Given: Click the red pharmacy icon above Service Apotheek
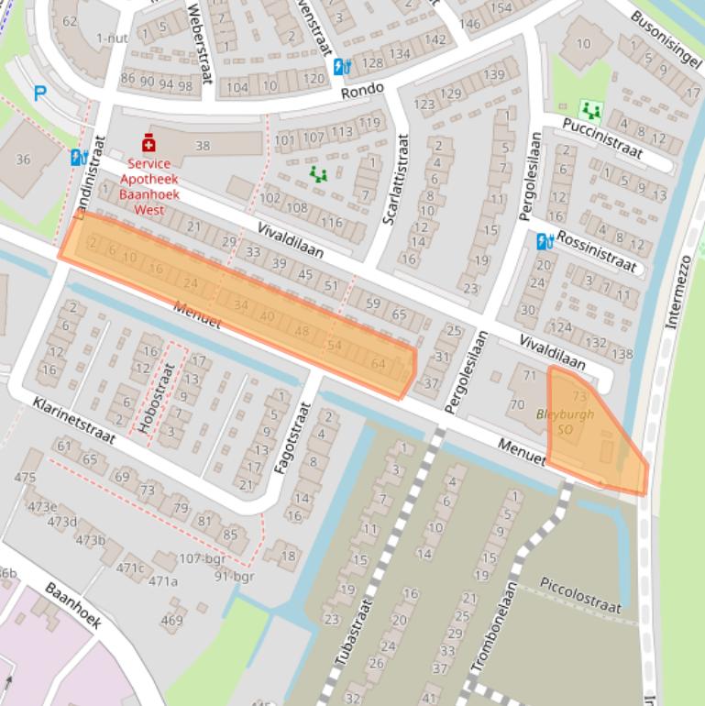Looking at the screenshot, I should click(x=149, y=143).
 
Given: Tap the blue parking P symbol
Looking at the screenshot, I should click(x=39, y=93).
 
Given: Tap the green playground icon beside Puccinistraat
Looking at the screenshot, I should click(x=591, y=111).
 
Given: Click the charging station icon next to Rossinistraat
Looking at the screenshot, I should click(x=545, y=241).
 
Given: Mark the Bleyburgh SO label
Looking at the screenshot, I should click(x=566, y=421).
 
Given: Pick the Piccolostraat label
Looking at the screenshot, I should click(x=580, y=594).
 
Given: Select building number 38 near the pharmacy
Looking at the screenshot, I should click(x=203, y=145).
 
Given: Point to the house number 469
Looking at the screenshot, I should click(x=171, y=621).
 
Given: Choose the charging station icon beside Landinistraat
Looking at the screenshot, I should click(x=79, y=157).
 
